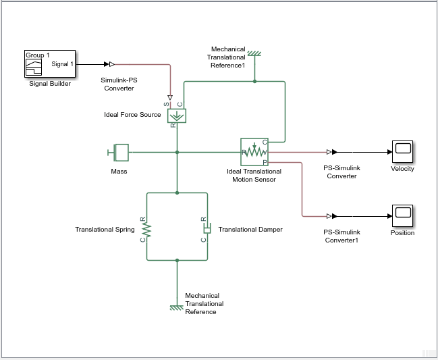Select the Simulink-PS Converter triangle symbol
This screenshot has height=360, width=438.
click(x=111, y=64)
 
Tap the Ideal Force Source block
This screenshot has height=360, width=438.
click(x=177, y=115)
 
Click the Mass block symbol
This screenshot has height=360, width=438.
click(x=120, y=153)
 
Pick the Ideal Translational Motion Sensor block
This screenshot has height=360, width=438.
click(x=254, y=153)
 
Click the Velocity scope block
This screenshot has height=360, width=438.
click(x=402, y=152)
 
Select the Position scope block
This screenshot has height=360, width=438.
click(x=402, y=216)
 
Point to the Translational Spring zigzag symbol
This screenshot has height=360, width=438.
click(x=146, y=230)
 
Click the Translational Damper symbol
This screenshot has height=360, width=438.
click(x=207, y=230)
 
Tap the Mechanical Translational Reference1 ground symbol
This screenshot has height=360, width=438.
click(x=254, y=53)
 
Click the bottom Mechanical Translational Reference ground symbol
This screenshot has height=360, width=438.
click(x=177, y=307)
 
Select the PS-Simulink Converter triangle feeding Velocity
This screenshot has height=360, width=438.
click(x=329, y=153)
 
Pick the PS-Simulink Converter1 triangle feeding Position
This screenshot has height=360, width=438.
click(x=329, y=216)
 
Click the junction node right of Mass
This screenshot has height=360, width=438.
click(x=177, y=153)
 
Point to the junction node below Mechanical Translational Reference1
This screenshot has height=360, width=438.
click(x=254, y=81)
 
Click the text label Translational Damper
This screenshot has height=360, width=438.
click(x=250, y=230)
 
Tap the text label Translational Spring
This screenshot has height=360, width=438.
click(x=105, y=230)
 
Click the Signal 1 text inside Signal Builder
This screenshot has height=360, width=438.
click(x=62, y=64)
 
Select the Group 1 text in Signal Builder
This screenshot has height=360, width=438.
click(x=38, y=55)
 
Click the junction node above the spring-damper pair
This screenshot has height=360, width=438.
click(x=177, y=192)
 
